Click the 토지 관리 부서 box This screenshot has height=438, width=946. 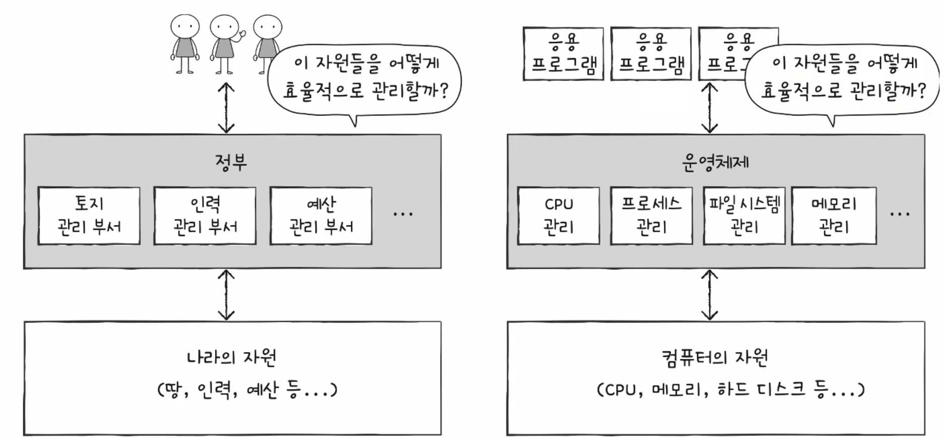(89, 216)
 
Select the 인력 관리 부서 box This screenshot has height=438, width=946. (205, 216)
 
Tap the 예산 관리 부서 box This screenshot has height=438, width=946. (321, 216)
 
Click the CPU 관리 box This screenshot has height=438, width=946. (558, 216)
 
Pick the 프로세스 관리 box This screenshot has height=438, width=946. (651, 216)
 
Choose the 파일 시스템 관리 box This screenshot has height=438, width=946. (744, 216)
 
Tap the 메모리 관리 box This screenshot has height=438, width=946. (834, 216)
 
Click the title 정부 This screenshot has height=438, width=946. (231, 162)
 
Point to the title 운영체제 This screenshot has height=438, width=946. (715, 162)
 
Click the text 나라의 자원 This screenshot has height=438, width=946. (231, 357)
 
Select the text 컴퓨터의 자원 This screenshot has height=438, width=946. (715, 357)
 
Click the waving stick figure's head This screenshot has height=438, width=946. (224, 27)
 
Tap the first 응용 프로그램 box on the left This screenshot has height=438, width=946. (563, 54)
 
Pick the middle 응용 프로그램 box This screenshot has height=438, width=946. (651, 54)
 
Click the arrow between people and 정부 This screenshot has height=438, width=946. (226, 108)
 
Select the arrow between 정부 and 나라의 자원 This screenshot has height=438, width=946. (226, 295)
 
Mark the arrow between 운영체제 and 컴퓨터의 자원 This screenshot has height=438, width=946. (710, 295)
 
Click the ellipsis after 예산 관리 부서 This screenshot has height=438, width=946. (403, 215)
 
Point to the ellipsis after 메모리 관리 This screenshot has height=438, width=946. (900, 215)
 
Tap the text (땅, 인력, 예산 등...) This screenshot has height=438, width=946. (247, 390)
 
